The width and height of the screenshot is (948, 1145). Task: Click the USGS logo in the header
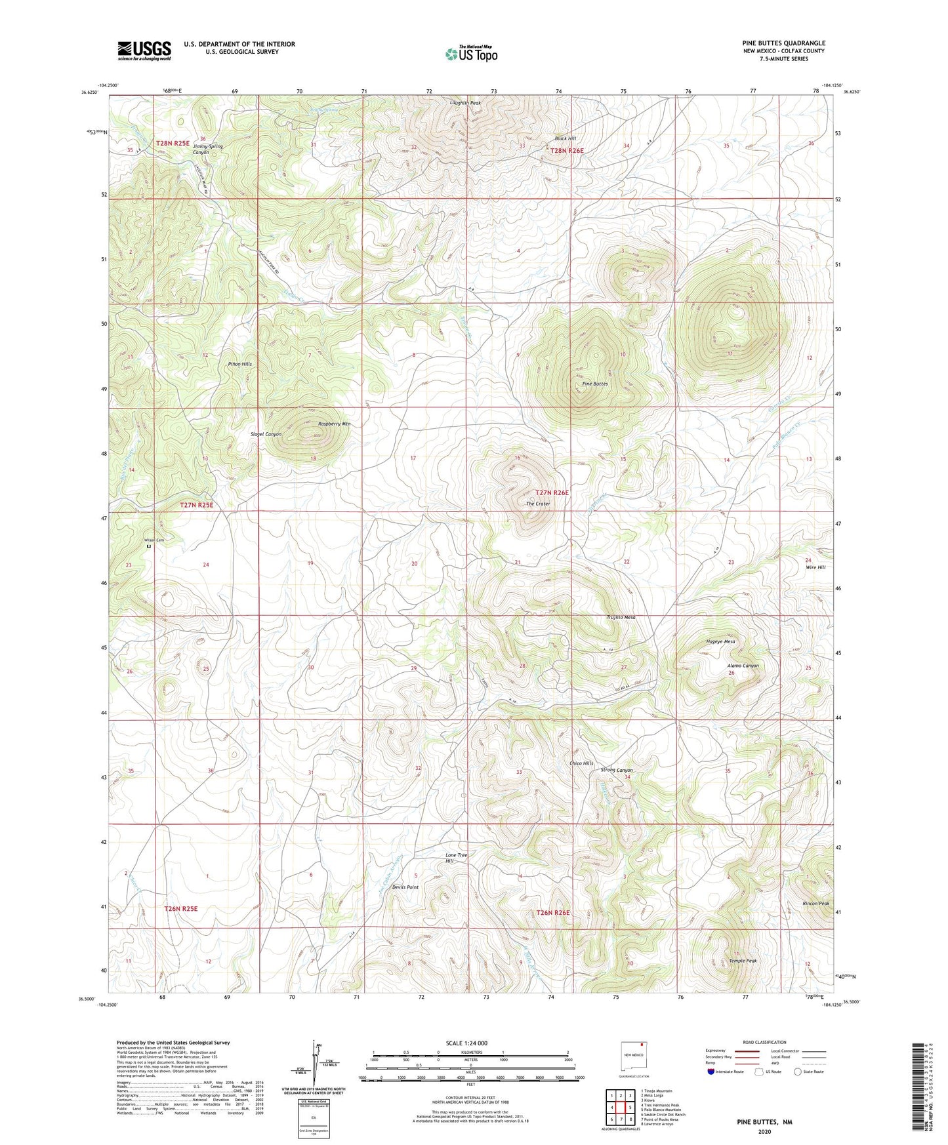(144, 50)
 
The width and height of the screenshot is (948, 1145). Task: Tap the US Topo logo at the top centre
(471, 54)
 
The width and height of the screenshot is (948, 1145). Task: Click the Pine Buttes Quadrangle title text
(783, 43)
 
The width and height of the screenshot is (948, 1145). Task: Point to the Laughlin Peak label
(465, 104)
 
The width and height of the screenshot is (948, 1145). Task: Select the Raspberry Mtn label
(334, 424)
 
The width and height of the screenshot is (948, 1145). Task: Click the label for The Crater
(538, 504)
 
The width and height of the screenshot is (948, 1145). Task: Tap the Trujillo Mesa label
(620, 617)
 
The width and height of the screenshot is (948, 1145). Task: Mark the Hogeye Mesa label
(720, 641)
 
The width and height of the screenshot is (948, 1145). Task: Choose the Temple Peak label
(743, 961)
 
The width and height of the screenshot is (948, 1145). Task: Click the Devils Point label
(405, 887)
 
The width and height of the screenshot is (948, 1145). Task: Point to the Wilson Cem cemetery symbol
(149, 546)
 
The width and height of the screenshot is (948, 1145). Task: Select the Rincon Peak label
(815, 903)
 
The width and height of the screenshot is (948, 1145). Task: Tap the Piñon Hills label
(239, 364)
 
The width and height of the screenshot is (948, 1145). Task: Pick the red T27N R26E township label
(552, 492)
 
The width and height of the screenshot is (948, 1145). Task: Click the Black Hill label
(565, 139)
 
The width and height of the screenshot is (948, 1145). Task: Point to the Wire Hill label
(815, 567)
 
